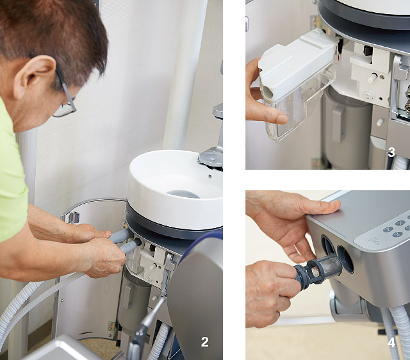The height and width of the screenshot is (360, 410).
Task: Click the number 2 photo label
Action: point(205,341)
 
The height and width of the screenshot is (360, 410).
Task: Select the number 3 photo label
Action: point(391,152)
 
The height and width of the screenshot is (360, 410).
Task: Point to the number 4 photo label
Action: point(391,343)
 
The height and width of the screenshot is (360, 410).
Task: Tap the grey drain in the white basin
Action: point(183,193)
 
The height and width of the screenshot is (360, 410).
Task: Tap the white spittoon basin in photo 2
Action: point(176,188)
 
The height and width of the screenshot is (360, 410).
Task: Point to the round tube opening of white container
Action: point(267,92)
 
